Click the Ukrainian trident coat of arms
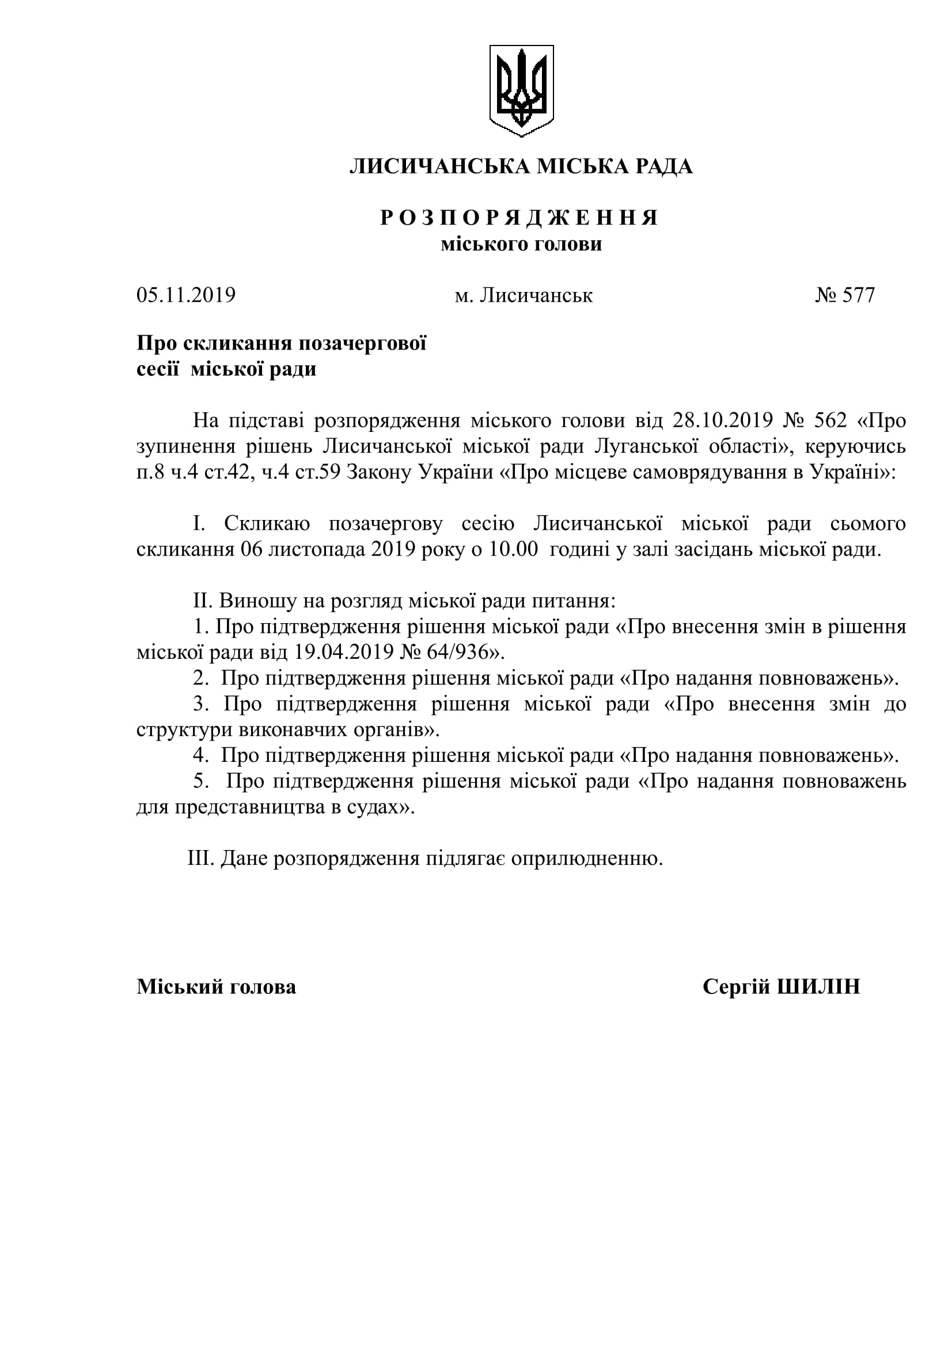(521, 91)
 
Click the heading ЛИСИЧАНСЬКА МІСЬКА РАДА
(521, 166)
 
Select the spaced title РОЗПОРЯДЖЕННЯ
(519, 218)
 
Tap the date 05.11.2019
(186, 294)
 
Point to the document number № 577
(845, 294)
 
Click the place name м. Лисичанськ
(524, 295)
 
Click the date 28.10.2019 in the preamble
(722, 420)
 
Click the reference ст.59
(318, 472)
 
